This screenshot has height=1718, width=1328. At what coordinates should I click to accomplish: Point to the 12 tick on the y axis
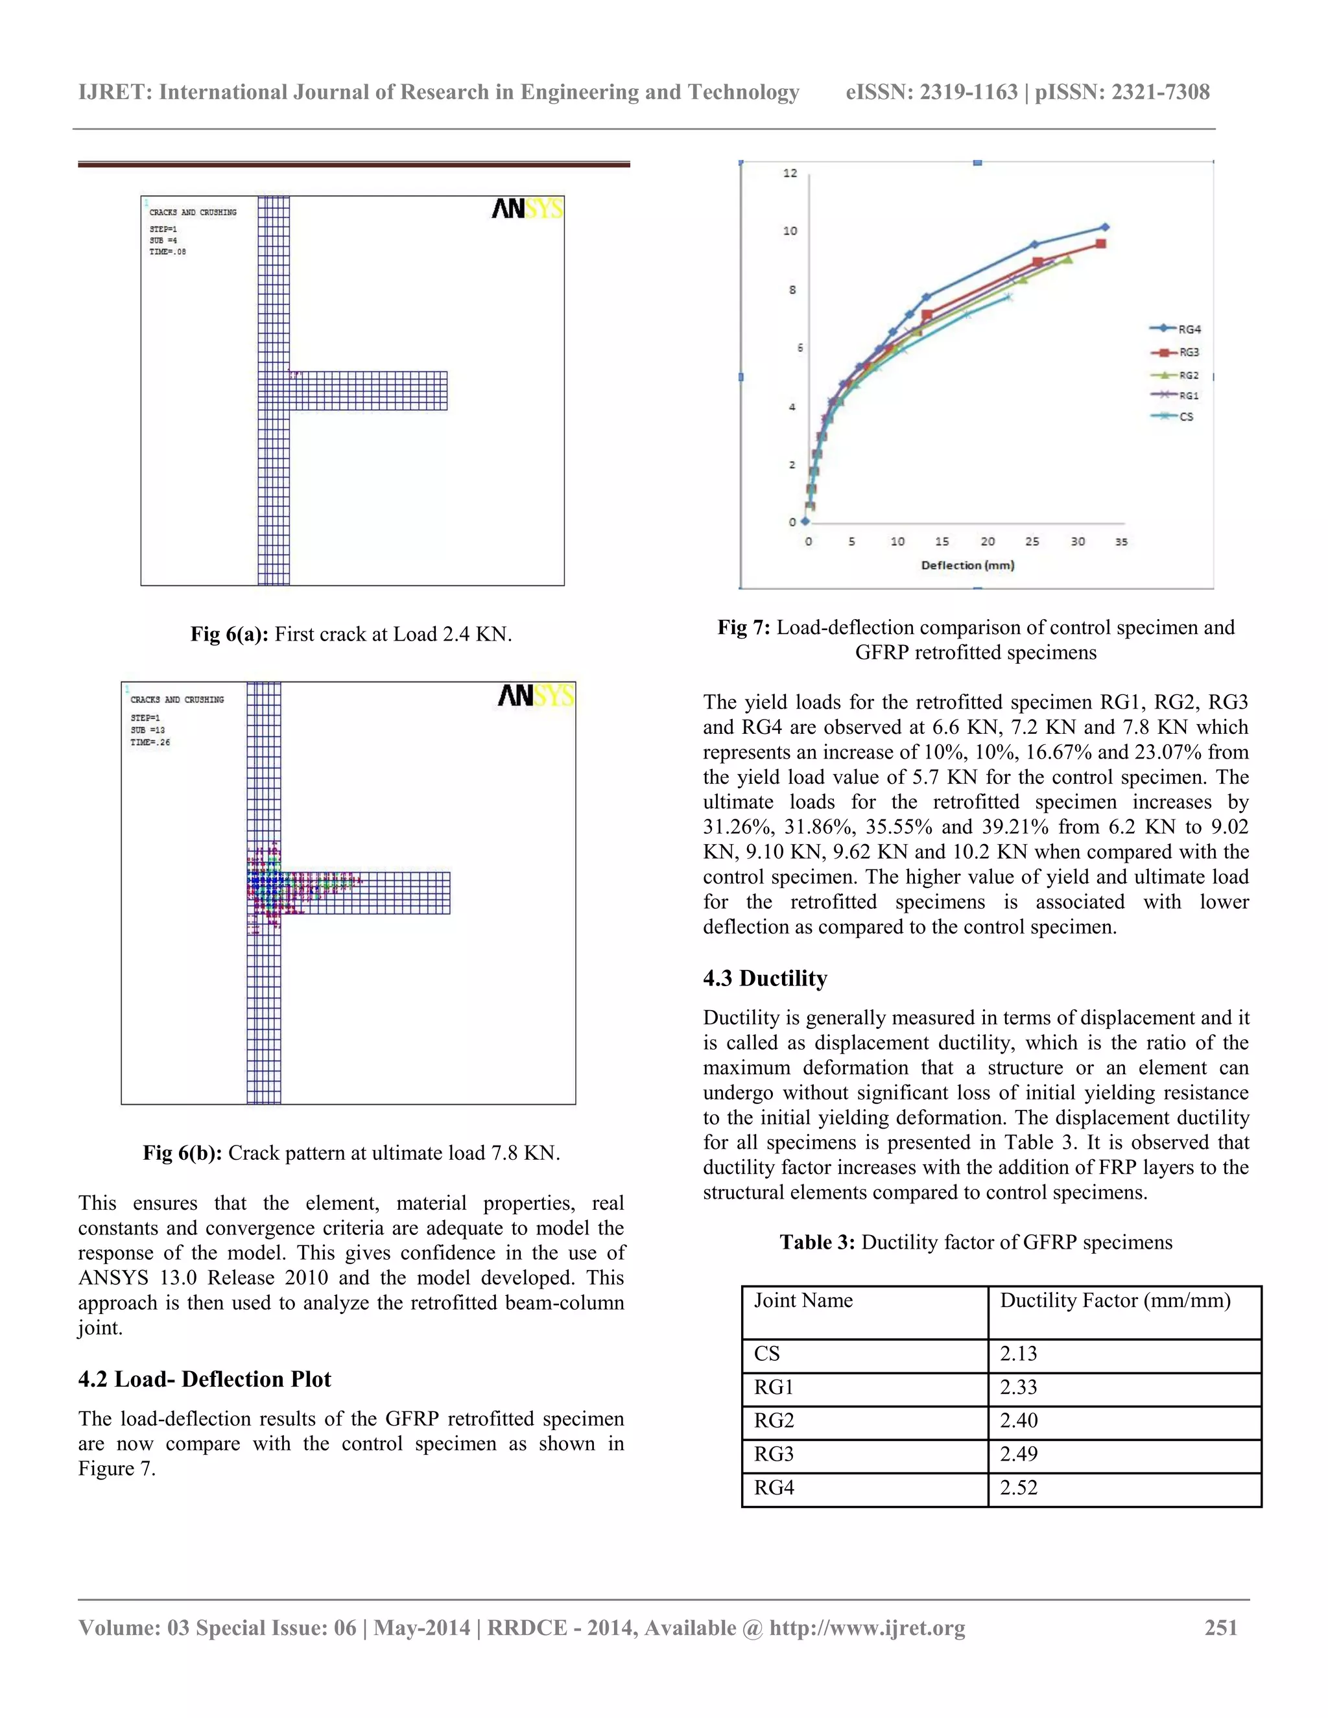point(790,173)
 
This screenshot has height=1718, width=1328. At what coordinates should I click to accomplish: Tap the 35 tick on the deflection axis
point(1121,541)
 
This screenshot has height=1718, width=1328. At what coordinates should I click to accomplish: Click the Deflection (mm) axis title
point(967,565)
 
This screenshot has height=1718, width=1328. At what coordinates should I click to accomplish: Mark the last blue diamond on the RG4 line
point(1106,228)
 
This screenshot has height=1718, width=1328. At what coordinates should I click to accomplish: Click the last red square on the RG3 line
point(1100,244)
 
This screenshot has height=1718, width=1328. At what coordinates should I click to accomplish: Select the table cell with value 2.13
point(1018,1353)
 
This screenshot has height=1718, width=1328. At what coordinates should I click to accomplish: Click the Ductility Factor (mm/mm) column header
point(1115,1300)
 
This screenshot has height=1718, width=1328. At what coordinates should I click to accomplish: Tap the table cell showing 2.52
point(1018,1487)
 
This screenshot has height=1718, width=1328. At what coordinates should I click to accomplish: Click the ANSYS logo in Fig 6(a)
point(527,209)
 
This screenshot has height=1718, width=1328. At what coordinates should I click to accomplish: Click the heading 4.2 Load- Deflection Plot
point(204,1379)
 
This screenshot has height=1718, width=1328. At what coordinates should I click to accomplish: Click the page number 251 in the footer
point(1221,1627)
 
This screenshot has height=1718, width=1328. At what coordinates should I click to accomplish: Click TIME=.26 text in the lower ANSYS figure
point(150,742)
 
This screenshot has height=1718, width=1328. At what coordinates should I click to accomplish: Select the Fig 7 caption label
point(744,627)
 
